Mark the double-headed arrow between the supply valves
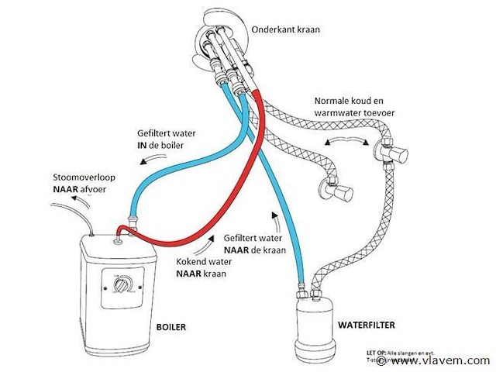click(346, 142)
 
